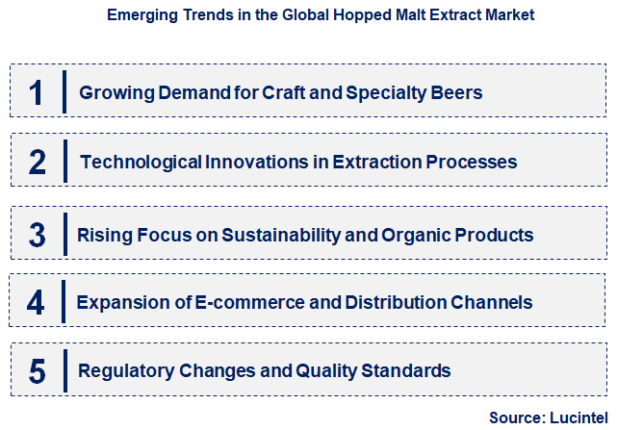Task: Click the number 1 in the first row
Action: point(37,92)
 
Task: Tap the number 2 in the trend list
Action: point(38,162)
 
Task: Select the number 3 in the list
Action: point(38,234)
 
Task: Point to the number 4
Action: point(36,303)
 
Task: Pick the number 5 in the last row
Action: point(37,371)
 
